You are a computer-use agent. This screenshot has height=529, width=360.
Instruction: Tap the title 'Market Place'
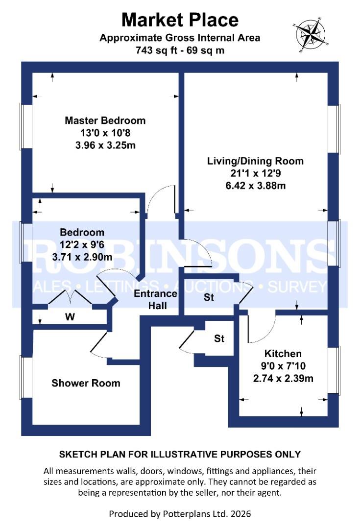(180, 20)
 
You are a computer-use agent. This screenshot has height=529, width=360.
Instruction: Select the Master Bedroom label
(105, 120)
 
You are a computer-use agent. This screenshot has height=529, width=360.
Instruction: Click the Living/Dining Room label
(255, 161)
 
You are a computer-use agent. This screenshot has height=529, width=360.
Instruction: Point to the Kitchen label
(283, 354)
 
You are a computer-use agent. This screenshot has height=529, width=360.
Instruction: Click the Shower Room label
(86, 383)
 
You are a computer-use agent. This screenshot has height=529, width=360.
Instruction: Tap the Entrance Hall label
(155, 299)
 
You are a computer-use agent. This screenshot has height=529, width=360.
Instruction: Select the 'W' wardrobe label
(70, 317)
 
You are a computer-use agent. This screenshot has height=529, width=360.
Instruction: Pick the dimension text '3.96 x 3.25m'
(105, 145)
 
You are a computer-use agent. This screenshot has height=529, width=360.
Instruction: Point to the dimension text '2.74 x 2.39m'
(283, 378)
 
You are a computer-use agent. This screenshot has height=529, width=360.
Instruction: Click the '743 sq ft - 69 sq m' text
(180, 50)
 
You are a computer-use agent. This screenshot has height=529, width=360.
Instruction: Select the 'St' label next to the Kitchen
(219, 338)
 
